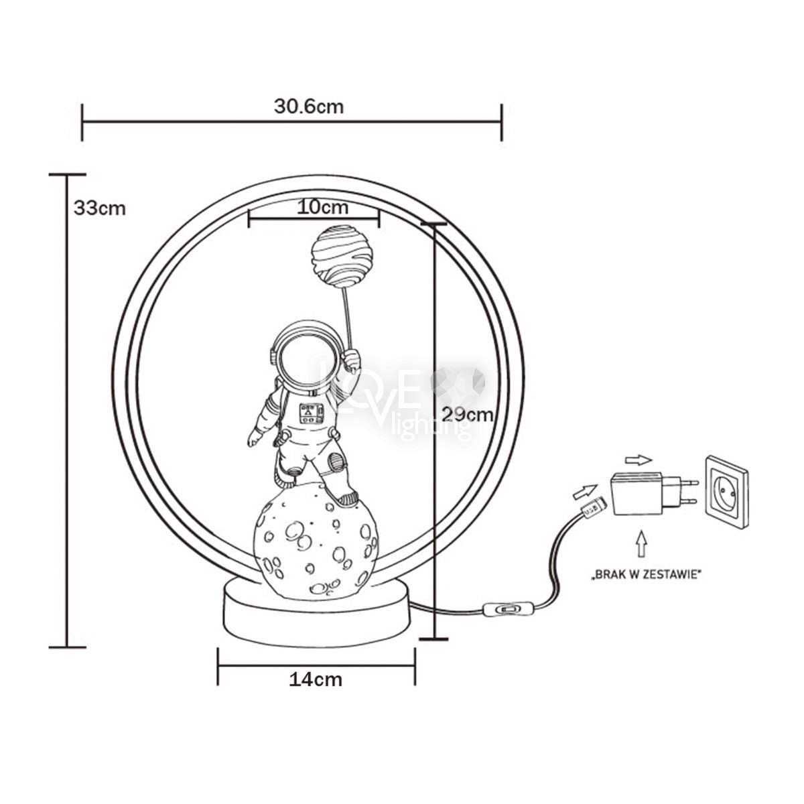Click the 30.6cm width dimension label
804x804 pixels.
pos(309,107)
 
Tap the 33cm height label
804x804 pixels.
pos(100,208)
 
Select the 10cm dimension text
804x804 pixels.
pos(322,207)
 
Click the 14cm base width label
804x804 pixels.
pos(316,680)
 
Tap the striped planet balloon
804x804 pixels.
pos(340,257)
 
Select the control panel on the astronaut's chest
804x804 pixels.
pos(310,413)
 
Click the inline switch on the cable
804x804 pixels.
pos(508,610)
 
